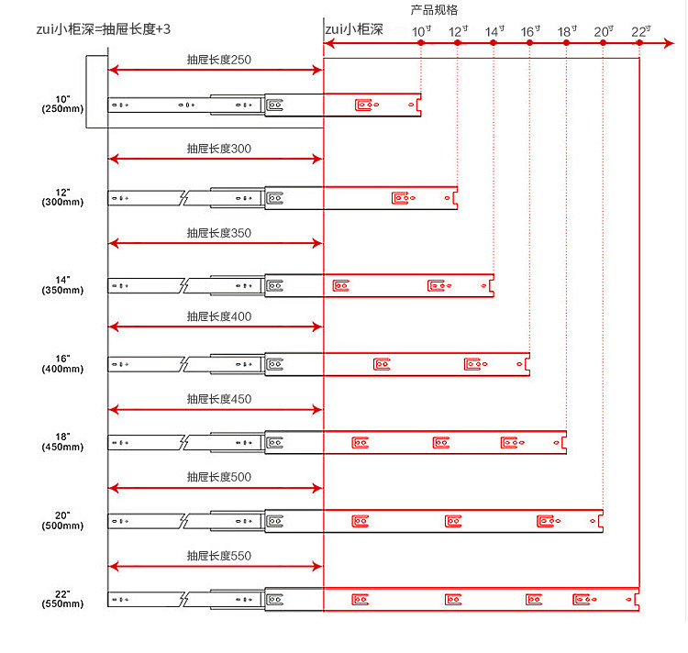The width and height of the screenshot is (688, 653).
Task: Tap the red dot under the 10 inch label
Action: point(421,43)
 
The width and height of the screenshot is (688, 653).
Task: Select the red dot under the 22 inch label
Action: point(639,43)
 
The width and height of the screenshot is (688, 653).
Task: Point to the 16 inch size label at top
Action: point(531,31)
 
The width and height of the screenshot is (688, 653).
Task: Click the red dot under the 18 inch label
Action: point(566,43)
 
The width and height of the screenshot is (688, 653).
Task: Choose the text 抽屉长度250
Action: point(218,60)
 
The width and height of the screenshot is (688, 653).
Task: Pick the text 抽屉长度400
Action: point(218,316)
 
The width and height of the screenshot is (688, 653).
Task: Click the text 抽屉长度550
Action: point(218,556)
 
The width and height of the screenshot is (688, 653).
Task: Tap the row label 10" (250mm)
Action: point(62,104)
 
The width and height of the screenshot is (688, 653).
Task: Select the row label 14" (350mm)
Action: point(62,284)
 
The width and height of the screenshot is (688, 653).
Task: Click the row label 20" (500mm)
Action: point(62,520)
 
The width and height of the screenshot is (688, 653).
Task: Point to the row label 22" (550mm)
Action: point(62,599)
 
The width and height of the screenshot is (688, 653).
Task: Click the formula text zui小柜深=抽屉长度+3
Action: point(99,29)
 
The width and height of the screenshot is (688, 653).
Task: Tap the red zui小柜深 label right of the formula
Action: point(353,29)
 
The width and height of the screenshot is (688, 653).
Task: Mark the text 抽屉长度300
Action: point(218,149)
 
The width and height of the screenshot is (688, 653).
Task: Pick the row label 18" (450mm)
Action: point(62,442)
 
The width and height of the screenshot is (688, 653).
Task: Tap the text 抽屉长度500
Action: point(218,477)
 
